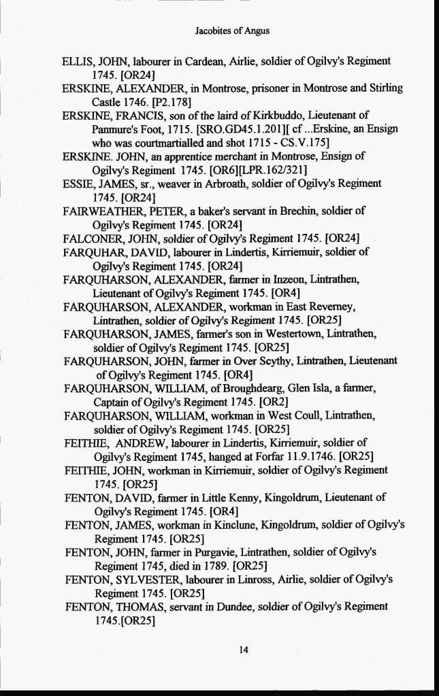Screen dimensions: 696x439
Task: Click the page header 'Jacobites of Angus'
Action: tap(231, 31)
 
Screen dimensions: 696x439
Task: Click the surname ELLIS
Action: tap(77, 61)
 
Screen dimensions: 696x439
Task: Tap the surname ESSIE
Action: tap(77, 184)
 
